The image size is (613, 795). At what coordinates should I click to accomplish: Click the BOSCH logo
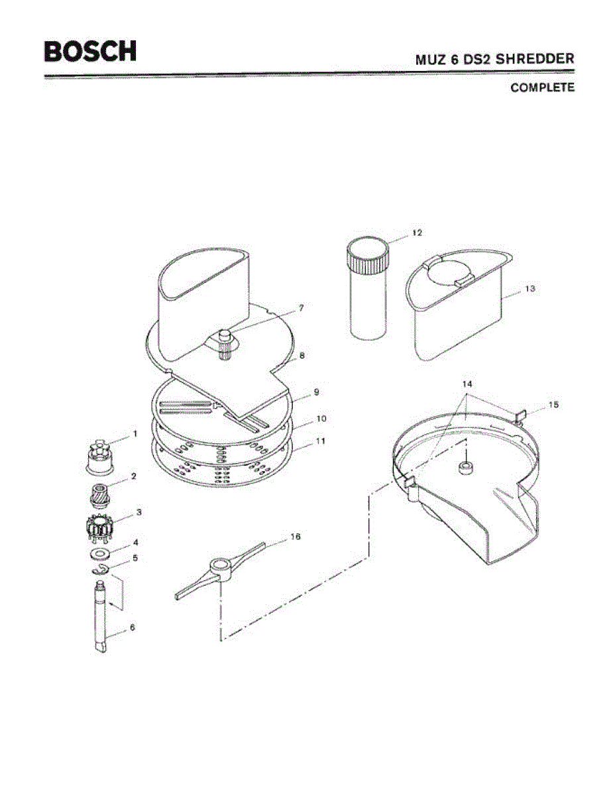click(x=91, y=51)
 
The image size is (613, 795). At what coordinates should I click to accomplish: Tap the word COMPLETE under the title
click(x=542, y=87)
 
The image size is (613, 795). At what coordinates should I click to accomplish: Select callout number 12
click(x=416, y=233)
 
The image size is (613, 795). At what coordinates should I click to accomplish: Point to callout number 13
click(x=529, y=289)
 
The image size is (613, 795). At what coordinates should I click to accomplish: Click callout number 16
click(x=295, y=537)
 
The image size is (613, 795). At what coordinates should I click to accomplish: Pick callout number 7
click(x=301, y=308)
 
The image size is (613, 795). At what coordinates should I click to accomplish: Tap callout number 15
click(x=553, y=404)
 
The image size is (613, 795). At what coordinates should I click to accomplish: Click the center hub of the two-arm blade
click(x=219, y=568)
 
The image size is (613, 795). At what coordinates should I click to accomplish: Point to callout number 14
click(x=467, y=384)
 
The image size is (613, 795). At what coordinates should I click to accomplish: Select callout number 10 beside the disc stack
click(x=321, y=419)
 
